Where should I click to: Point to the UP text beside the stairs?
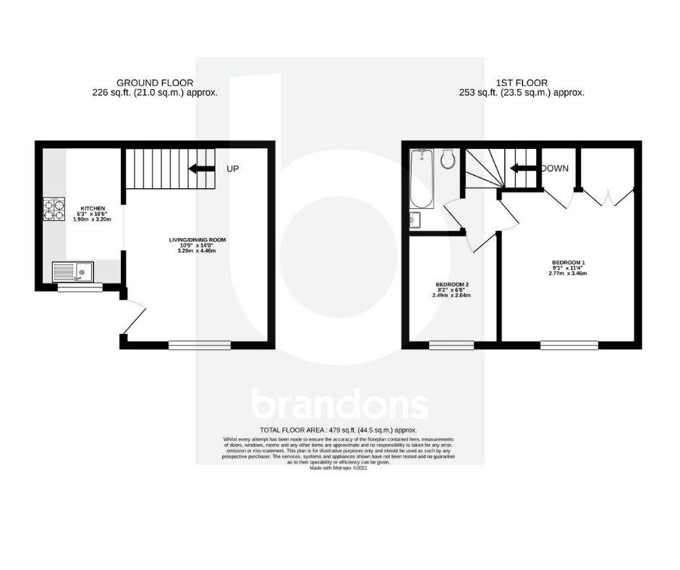[233, 169]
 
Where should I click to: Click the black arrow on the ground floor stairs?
[202, 169]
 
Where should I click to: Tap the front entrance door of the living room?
[134, 318]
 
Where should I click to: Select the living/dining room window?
[200, 345]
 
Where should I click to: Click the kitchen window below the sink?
[80, 287]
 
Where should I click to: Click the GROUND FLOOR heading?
[155, 83]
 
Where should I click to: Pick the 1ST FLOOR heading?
[522, 83]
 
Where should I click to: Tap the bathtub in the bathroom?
[421, 178]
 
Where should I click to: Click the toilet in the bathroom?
[447, 158]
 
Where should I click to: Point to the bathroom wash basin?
[415, 219]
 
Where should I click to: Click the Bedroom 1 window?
[569, 345]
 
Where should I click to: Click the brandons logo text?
[339, 406]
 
